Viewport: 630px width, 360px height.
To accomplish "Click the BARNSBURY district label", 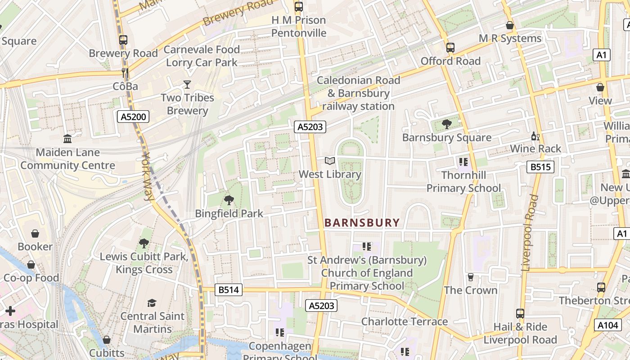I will pos(362,222).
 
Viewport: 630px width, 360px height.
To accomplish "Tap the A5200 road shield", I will pos(133,117).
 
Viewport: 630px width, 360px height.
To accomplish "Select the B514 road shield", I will pos(229,290).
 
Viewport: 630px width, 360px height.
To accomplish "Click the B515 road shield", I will pos(540,167).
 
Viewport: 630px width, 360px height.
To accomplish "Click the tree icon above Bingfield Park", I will pos(229,200).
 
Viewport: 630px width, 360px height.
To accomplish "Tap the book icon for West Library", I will pos(330,161).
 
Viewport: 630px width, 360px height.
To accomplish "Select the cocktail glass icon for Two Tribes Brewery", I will pos(187,84).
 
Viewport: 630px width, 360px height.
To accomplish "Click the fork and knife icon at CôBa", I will pos(125,72).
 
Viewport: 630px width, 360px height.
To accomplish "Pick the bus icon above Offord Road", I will pos(450,47).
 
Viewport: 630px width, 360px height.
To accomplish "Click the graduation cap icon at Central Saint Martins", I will pos(152,303).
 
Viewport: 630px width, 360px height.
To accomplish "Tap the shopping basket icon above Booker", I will pos(35,234).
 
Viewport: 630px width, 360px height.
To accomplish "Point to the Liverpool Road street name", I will pos(530,232).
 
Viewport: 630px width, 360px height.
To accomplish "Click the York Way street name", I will pos(148,176).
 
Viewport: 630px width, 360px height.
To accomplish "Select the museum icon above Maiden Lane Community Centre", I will pos(67,139).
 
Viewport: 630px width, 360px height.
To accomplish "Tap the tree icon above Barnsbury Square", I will pos(446,124).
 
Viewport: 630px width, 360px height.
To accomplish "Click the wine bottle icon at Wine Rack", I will pos(535,135).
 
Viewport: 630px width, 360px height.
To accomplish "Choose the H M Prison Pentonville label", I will pos(299,27).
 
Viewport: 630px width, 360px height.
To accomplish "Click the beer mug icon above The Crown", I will pos(471,277).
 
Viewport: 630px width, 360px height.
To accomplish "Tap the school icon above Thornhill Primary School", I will pos(463,162).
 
